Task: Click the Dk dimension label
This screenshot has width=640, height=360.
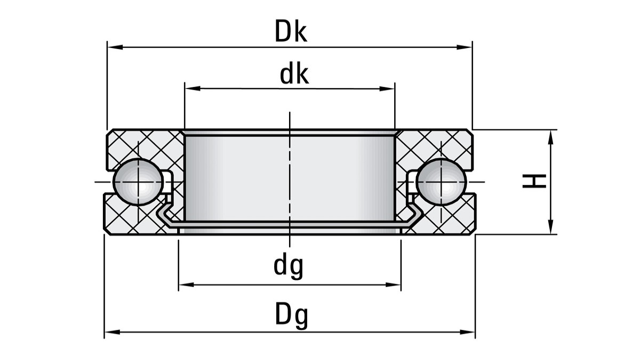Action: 291,31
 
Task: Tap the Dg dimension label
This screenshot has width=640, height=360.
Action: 291,316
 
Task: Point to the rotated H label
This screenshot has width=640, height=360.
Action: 534,181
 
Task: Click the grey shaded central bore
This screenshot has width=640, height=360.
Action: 290,176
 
